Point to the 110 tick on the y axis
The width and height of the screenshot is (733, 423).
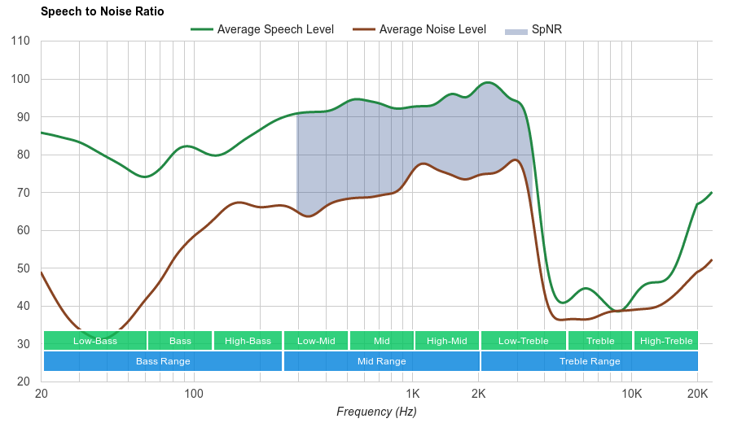(21, 41)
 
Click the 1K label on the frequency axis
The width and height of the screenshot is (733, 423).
(412, 394)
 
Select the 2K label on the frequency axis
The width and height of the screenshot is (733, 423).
(478, 394)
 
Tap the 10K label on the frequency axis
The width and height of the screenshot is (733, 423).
(631, 394)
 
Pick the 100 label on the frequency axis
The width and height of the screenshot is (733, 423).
(194, 394)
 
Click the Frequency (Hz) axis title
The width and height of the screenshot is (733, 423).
(376, 412)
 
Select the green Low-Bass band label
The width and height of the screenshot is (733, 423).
(95, 341)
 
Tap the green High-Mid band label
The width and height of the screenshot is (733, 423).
(447, 341)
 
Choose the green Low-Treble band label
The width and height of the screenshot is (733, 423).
(524, 341)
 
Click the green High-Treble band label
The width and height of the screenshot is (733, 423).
(666, 341)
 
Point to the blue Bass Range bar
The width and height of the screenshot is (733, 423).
(163, 361)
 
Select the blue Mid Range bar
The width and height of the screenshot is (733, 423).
(381, 361)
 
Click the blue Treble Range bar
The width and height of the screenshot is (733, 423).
(590, 361)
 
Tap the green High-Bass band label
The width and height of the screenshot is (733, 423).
(248, 341)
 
